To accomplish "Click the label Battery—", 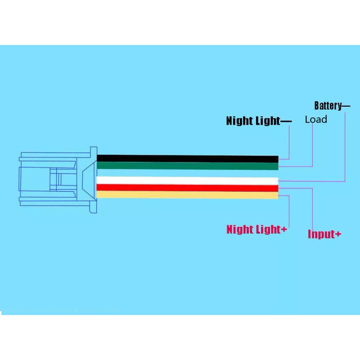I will coord(332,106).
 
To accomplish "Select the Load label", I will coord(316,120).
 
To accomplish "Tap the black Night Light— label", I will coord(258,121).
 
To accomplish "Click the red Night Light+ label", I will coord(256,229).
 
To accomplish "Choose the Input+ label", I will coord(324,234).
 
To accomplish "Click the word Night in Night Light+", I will coord(240,229).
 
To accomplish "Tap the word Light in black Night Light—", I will coord(268,121).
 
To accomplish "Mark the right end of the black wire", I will coord(276,159).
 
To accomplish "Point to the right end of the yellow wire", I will coord(276,195).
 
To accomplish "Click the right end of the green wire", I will coord(276,166).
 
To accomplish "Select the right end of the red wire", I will coord(276,188).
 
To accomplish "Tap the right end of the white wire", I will coord(276,180).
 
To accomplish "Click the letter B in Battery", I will coord(316,106).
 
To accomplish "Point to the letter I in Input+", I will coord(310,234).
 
